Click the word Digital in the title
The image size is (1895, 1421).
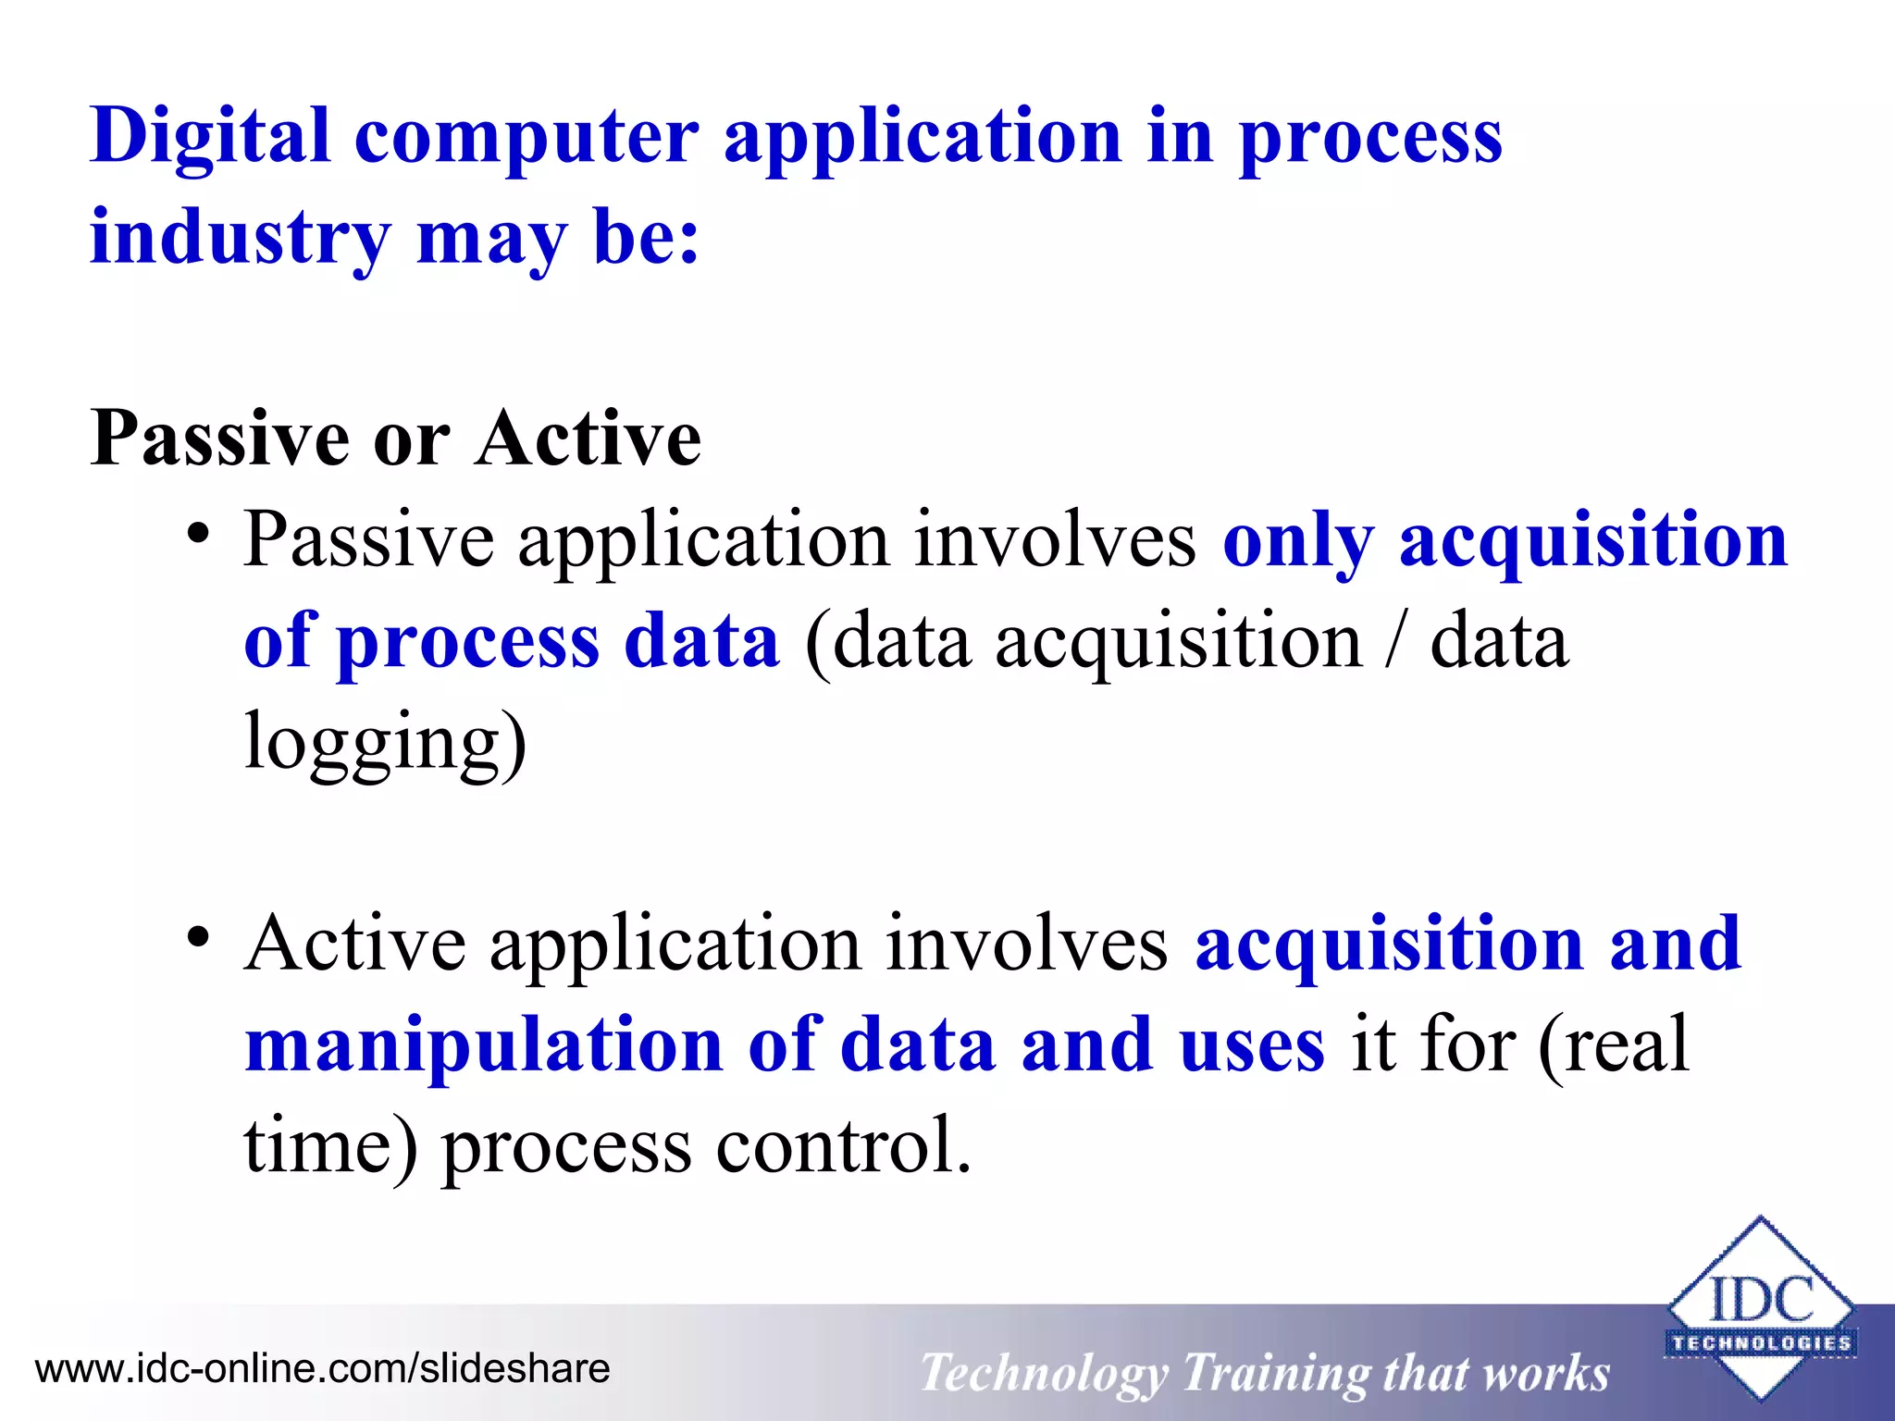click(x=210, y=136)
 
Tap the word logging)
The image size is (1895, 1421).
click(x=385, y=742)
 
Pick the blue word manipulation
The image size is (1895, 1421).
click(x=483, y=1045)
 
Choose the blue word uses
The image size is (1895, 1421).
click(x=1251, y=1045)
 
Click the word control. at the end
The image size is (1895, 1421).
click(x=844, y=1145)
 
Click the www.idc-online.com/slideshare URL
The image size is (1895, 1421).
click(x=322, y=1368)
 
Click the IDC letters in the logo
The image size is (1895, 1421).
click(x=1761, y=1299)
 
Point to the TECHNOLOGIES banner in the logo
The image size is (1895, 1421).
click(x=1761, y=1342)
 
